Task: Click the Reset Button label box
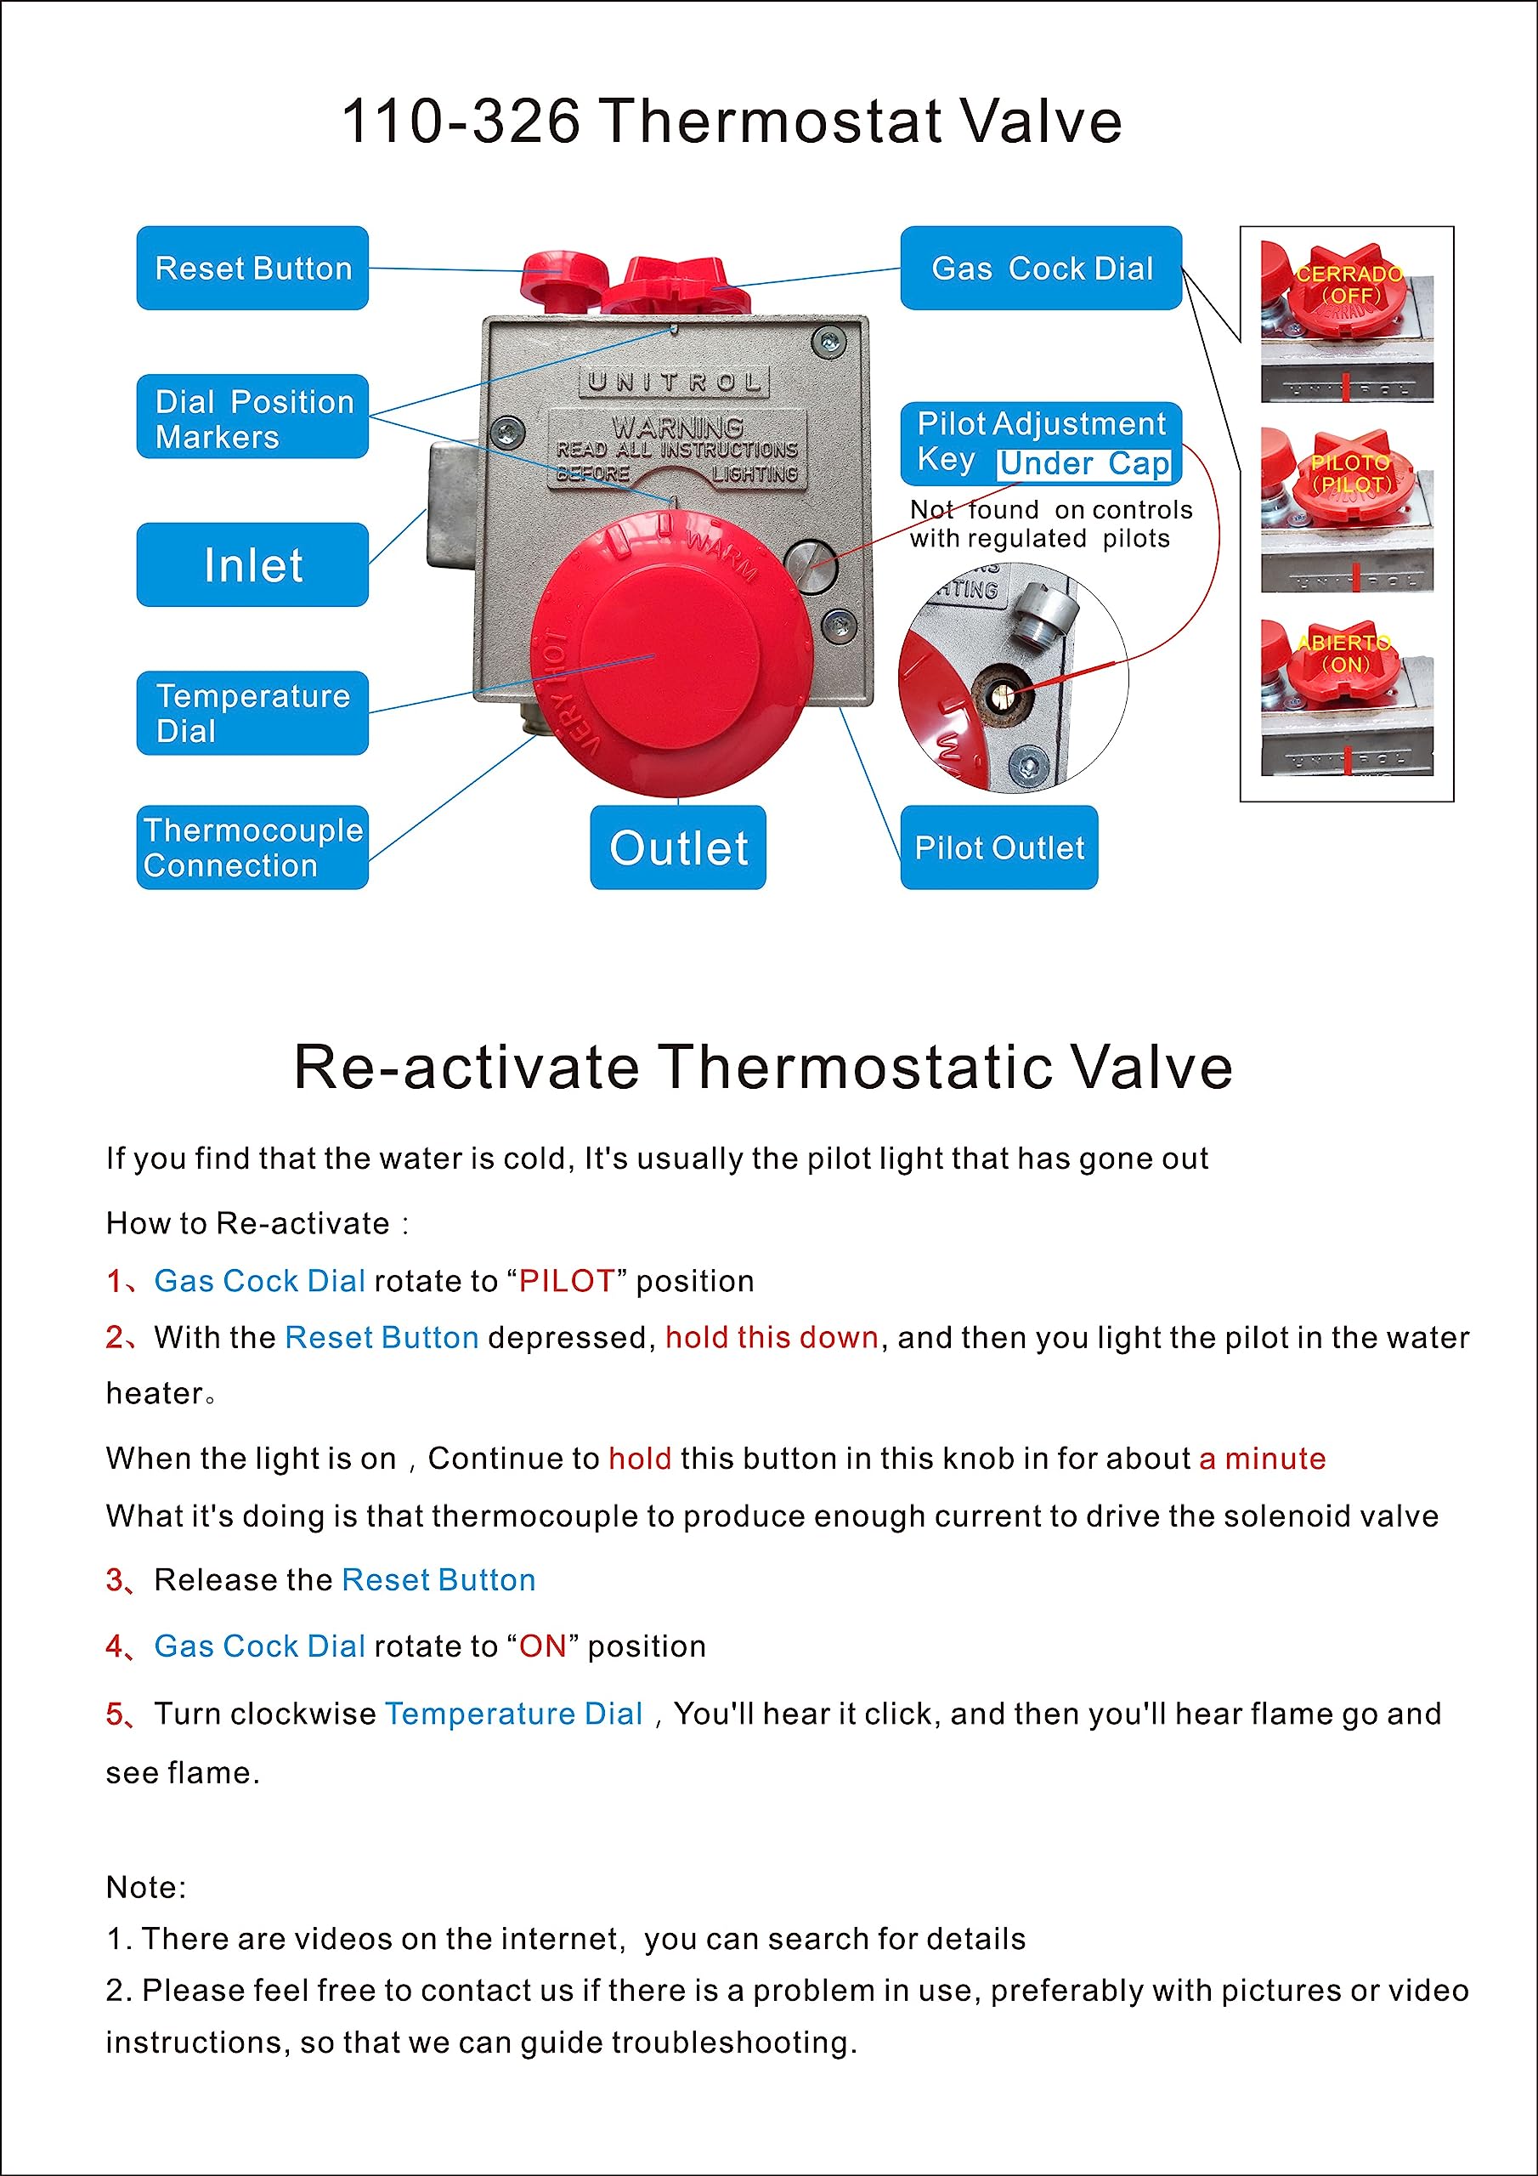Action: tap(252, 269)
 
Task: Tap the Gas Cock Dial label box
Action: tap(1041, 269)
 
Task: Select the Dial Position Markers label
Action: tap(252, 417)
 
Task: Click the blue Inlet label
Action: tap(252, 565)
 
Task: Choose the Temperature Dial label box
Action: tap(252, 712)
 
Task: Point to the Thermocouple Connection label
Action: tap(252, 847)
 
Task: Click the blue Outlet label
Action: tap(677, 847)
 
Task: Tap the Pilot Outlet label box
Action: tap(998, 847)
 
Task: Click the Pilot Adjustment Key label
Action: tap(1041, 444)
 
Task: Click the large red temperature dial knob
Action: tap(672, 654)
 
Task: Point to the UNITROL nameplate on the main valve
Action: tap(674, 382)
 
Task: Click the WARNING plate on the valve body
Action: tap(676, 450)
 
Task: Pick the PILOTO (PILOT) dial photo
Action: tap(1346, 510)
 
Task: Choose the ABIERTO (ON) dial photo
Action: tap(1346, 697)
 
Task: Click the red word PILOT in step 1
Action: tap(567, 1281)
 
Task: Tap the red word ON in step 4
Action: tap(542, 1646)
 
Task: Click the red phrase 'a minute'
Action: tap(1261, 1459)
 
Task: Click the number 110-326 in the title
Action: tap(460, 122)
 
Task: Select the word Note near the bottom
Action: tap(145, 1887)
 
